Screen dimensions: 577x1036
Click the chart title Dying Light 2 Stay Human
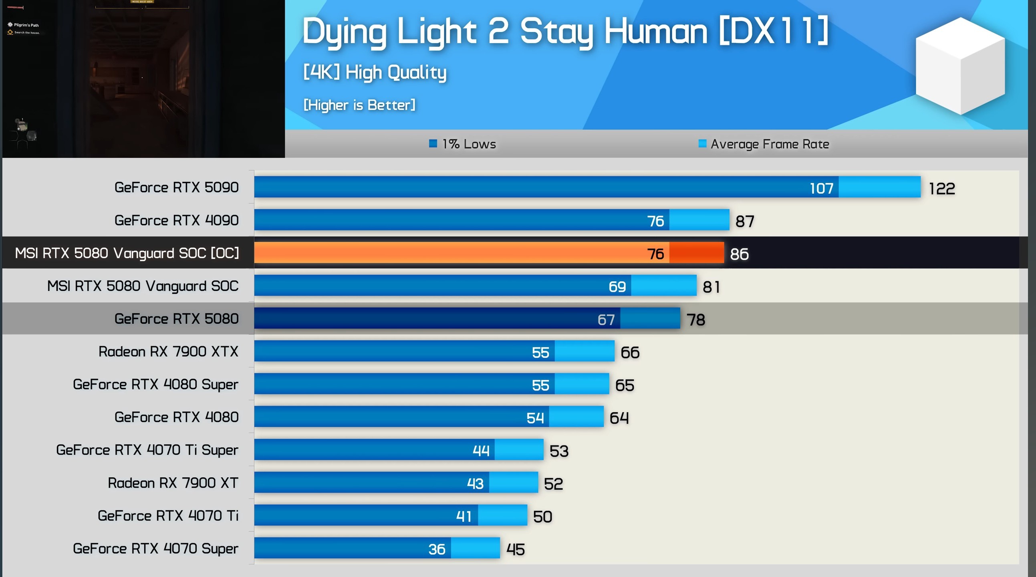(x=564, y=31)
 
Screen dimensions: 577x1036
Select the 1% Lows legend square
(x=433, y=143)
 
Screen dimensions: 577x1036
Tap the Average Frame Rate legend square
(x=702, y=143)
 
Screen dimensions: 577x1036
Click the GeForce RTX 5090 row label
(x=176, y=188)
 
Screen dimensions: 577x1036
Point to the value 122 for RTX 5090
(x=941, y=189)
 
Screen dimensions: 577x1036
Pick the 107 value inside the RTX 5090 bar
(x=821, y=188)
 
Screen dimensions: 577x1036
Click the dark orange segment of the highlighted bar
(x=696, y=253)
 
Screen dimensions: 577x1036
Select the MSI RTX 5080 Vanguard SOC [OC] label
(x=127, y=253)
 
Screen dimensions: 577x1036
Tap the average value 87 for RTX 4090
(x=744, y=222)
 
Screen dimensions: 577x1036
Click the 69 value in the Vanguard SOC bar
(x=617, y=287)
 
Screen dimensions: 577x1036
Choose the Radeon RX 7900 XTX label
(x=168, y=352)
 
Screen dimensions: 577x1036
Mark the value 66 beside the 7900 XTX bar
(x=630, y=353)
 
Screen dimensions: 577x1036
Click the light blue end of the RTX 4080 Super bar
(x=582, y=384)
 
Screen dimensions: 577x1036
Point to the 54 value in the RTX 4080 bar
(x=535, y=418)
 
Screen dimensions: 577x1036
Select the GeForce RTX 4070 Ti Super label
(x=147, y=450)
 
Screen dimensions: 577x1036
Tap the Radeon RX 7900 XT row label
(x=173, y=483)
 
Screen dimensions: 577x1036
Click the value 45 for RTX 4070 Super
(x=515, y=550)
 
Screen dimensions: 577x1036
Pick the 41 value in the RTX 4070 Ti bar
(x=464, y=516)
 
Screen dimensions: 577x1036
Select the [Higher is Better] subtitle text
(x=359, y=105)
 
